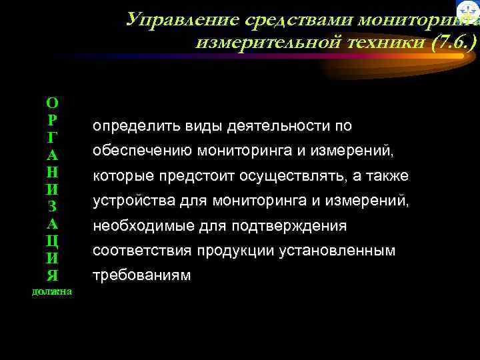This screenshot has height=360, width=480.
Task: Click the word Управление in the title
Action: [x=168, y=19]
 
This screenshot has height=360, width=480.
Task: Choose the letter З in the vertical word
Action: [x=52, y=206]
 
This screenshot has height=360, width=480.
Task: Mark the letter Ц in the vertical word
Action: [x=52, y=241]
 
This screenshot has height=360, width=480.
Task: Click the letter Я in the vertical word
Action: [x=52, y=275]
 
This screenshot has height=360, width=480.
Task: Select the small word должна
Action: [x=52, y=291]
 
